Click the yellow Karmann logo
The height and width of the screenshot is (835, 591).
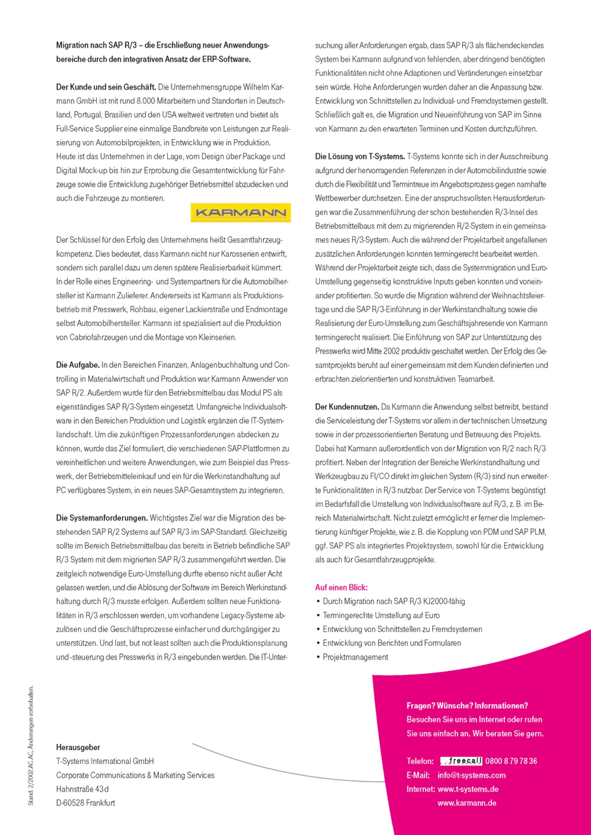pyautogui.click(x=241, y=213)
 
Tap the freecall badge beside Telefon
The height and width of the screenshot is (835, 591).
pyautogui.click(x=461, y=761)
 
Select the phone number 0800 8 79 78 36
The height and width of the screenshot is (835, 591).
pyautogui.click(x=511, y=761)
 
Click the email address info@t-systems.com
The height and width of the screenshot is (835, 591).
pyautogui.click(x=472, y=775)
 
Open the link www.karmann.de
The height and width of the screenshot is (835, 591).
pyautogui.click(x=467, y=802)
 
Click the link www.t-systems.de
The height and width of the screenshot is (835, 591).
pyautogui.click(x=468, y=789)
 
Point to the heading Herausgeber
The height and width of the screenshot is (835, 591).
pyautogui.click(x=78, y=747)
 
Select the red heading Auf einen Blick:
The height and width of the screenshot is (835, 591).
pyautogui.click(x=341, y=587)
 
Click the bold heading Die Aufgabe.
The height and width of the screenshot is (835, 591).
pyautogui.click(x=78, y=365)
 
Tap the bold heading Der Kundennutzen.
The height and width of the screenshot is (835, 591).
pyautogui.click(x=347, y=407)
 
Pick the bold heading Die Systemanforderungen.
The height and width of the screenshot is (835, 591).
pyautogui.click(x=102, y=518)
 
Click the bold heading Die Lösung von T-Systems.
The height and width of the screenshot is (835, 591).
pyautogui.click(x=360, y=157)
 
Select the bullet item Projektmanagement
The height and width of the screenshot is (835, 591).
pyautogui.click(x=355, y=657)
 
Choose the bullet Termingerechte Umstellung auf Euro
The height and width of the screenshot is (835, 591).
pyautogui.click(x=381, y=615)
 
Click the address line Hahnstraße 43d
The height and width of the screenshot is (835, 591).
pyautogui.click(x=82, y=789)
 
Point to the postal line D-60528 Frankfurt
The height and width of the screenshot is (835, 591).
pyautogui.click(x=86, y=802)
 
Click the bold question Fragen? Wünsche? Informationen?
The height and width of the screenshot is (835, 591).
pyautogui.click(x=467, y=706)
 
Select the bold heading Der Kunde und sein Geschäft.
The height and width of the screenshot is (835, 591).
pyautogui.click(x=106, y=87)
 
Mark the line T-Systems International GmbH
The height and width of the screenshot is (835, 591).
pyautogui.click(x=105, y=761)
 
